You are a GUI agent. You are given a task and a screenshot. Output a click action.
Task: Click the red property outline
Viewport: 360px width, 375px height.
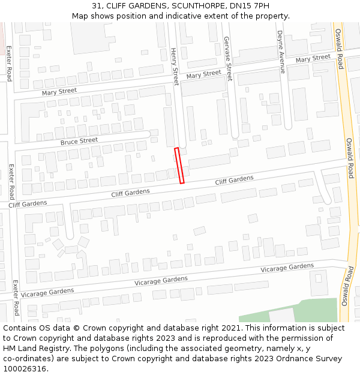pyautogui.click(x=179, y=165)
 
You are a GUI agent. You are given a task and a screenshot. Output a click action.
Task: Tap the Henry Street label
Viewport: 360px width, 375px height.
pyautogui.click(x=175, y=67)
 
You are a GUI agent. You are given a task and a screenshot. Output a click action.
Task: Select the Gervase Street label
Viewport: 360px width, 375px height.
pyautogui.click(x=227, y=58)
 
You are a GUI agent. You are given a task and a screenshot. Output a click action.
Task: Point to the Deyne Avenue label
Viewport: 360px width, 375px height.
pyautogui.click(x=280, y=52)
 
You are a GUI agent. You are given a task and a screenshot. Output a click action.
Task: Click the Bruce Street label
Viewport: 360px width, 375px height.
pyautogui.click(x=79, y=141)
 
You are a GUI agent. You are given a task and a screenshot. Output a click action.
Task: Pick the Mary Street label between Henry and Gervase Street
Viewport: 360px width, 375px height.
pyautogui.click(x=203, y=74)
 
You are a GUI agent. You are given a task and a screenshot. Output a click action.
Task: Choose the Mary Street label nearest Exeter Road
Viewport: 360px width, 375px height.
pyautogui.click(x=59, y=91)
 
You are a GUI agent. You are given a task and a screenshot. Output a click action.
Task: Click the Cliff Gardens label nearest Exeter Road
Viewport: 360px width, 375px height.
pyautogui.click(x=28, y=204)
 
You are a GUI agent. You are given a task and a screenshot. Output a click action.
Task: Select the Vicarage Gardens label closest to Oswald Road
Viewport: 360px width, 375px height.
pyautogui.click(x=287, y=268)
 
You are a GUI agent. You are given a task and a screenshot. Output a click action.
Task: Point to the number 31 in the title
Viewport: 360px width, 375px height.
pyautogui.click(x=97, y=6)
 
